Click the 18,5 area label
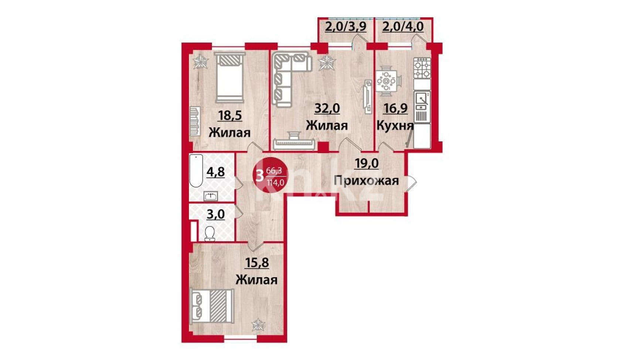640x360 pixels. (x=229, y=116)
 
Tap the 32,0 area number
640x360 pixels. (x=327, y=109)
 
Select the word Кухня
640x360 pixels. (x=395, y=126)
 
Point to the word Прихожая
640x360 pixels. (x=366, y=181)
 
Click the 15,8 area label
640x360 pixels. (x=257, y=263)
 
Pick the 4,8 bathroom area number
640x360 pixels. (x=215, y=172)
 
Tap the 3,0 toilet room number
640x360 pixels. (x=216, y=214)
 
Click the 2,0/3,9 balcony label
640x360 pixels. (x=345, y=27)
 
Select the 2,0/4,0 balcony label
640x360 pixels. (x=403, y=27)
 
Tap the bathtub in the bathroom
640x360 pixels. (x=196, y=171)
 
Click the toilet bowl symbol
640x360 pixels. (x=210, y=233)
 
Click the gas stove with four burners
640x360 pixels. (x=422, y=68)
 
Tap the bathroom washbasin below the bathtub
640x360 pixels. (x=211, y=196)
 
